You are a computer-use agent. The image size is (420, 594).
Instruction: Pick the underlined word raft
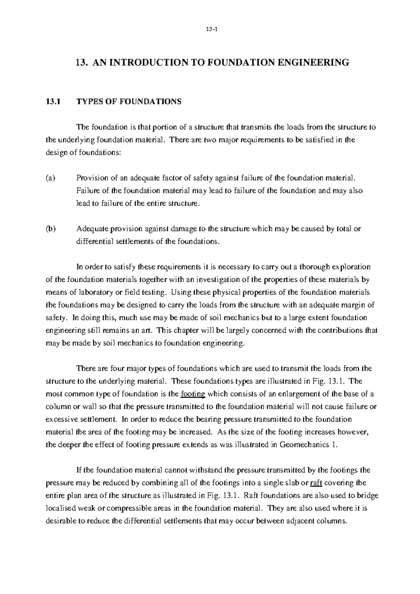click(x=316, y=483)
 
